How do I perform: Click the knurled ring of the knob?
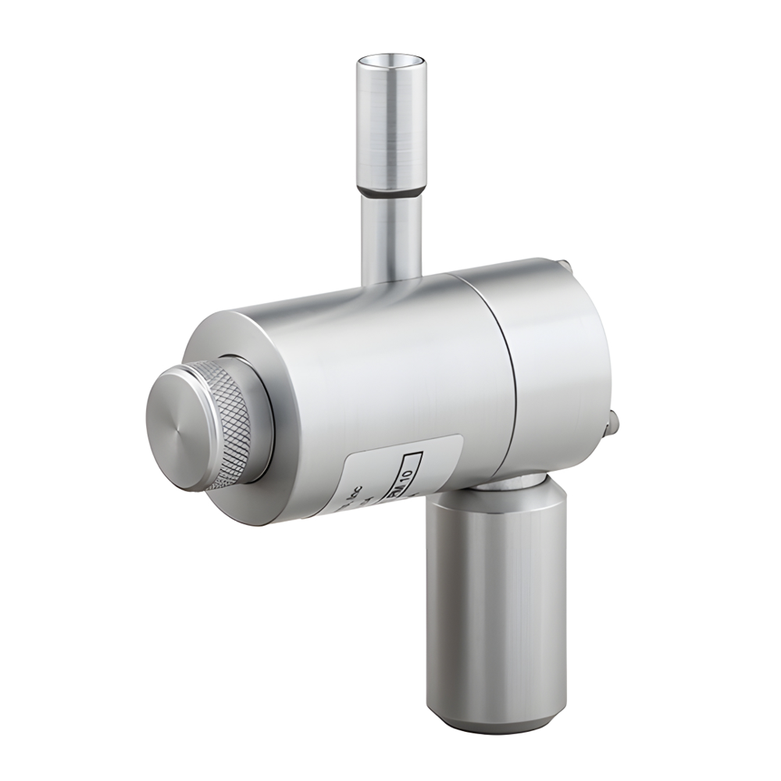pos(231,422)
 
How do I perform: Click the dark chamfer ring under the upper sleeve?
pos(391,190)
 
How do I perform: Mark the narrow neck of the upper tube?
pos(391,234)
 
